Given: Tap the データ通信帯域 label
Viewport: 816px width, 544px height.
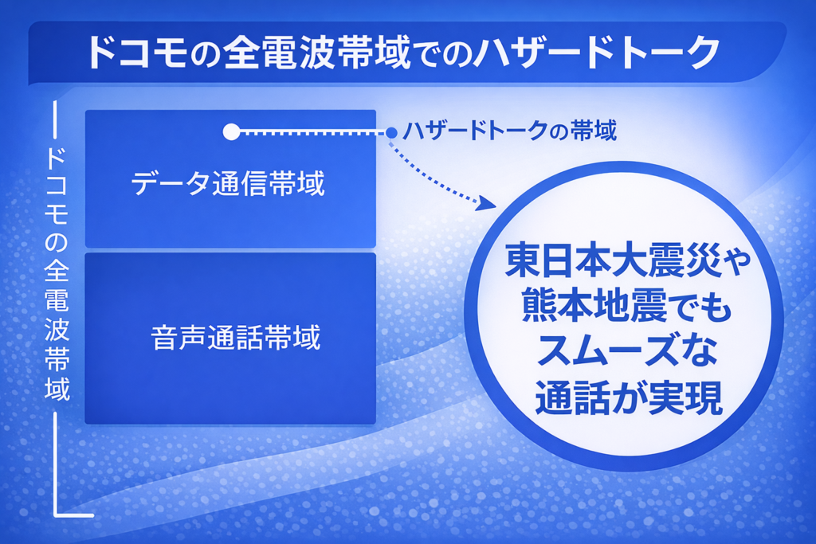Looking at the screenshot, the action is coord(228,183).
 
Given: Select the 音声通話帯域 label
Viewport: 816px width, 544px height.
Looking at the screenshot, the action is coord(236,337).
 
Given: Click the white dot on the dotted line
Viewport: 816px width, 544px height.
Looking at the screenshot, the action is coord(231,132).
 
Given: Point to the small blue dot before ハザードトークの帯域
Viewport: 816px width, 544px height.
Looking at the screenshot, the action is coord(391,133).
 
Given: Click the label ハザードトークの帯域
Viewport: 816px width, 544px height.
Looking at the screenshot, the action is coord(509,131).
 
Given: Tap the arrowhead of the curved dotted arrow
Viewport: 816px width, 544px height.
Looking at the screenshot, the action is coord(487,203).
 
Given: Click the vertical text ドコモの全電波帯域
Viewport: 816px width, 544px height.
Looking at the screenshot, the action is coord(57,274).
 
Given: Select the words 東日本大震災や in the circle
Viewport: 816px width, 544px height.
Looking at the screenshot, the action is coord(628,260).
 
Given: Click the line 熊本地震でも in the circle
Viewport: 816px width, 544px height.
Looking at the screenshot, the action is coord(627,306).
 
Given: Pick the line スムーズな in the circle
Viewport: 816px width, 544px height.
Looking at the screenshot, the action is coord(626,351).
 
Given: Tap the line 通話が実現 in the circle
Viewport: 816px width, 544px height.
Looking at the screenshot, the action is coord(629,397).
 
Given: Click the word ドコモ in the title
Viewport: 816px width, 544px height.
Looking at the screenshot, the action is coord(137,53).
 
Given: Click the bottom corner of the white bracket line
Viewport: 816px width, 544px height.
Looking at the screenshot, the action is coord(56,515).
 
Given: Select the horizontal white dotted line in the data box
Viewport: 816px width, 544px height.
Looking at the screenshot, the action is coord(312,133).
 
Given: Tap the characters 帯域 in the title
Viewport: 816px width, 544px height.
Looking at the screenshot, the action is coord(375,53).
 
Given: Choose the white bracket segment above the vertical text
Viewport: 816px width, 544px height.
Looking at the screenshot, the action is coord(55,119).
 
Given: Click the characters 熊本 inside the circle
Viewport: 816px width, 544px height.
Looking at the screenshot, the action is coord(559,306).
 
